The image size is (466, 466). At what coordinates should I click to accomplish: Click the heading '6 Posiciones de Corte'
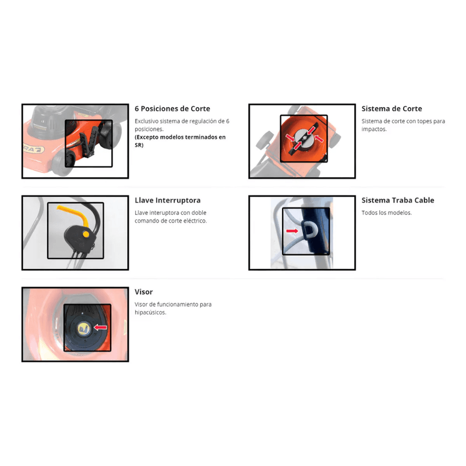[172, 109]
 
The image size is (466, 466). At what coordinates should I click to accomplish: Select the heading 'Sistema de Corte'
[391, 109]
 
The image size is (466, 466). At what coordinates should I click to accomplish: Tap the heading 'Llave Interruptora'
[168, 200]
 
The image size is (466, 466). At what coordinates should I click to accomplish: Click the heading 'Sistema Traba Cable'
[398, 200]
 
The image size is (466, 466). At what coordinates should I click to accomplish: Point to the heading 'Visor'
[143, 292]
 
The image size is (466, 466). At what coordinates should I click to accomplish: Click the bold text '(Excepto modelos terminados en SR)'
[180, 141]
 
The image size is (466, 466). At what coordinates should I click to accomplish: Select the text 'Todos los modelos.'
[387, 213]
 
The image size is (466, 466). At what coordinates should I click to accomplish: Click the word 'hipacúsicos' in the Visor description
[150, 312]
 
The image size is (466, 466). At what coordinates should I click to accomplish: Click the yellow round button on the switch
[86, 234]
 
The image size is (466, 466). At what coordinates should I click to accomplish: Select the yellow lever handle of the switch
[76, 215]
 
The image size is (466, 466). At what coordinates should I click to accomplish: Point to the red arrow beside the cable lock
[292, 231]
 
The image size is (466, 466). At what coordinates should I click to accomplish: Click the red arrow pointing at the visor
[100, 327]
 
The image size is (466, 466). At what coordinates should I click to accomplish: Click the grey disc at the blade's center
[304, 139]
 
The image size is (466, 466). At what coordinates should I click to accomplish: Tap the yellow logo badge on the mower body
[34, 150]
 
